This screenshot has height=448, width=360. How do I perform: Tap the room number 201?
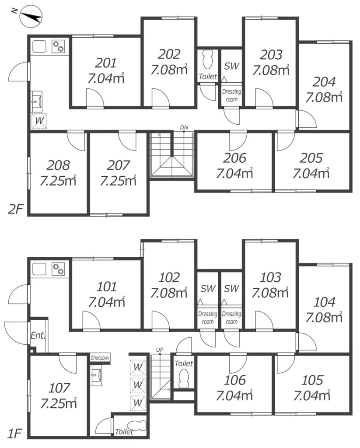tap(106, 63)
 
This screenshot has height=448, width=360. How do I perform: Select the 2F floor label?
tap(15, 210)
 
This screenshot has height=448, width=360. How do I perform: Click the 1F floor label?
tap(14, 434)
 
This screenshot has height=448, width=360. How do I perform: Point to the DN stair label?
tap(184, 127)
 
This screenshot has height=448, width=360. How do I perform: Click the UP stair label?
tap(160, 350)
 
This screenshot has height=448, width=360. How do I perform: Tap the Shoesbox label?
tap(100, 358)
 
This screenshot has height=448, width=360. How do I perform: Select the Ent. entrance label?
tap(38, 335)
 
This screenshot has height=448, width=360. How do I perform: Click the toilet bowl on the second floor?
tap(208, 59)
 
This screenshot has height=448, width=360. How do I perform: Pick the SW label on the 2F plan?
tap(231, 66)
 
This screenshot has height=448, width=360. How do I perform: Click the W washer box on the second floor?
tap(39, 121)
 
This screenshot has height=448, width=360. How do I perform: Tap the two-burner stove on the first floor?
tap(58, 269)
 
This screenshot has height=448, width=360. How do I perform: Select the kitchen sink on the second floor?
tap(39, 46)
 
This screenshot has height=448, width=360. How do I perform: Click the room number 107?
tap(59, 388)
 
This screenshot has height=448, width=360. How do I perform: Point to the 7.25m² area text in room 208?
tap(58, 181)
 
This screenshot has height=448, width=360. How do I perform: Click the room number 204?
tap(324, 82)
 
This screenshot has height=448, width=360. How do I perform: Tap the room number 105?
tap(312, 380)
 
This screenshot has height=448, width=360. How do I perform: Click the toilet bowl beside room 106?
tap(184, 378)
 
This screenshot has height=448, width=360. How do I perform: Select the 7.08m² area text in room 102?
tap(169, 293)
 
